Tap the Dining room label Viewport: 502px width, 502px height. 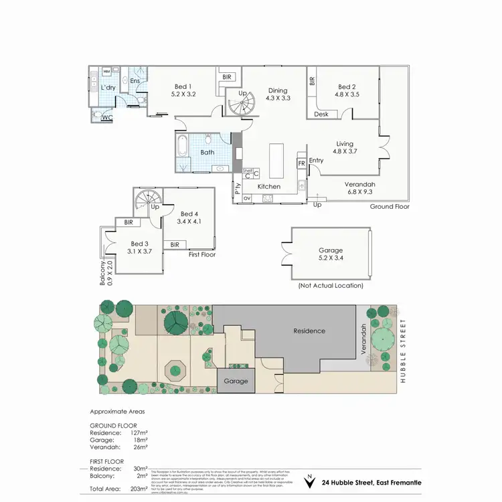277,91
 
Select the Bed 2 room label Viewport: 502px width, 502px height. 346,86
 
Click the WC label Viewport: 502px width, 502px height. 107,118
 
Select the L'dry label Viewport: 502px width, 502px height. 108,88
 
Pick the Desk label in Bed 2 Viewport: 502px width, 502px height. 322,114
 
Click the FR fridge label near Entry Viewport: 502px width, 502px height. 301,163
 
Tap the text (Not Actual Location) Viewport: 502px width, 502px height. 330,285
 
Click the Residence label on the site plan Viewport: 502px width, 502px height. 309,331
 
